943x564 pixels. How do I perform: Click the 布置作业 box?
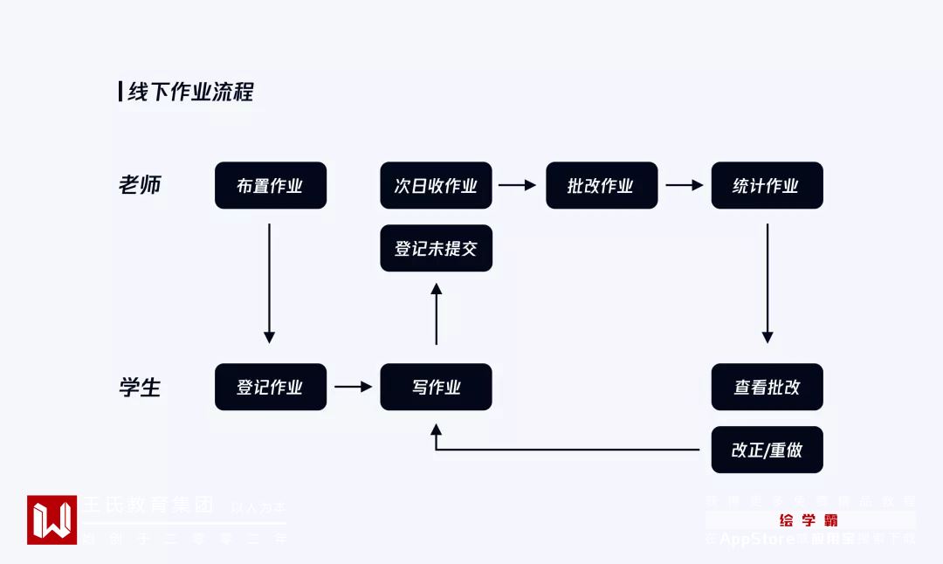pos(271,185)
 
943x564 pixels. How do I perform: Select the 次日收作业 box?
pos(436,185)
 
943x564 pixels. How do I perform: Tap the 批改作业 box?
pos(602,185)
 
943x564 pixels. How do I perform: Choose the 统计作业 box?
pos(767,185)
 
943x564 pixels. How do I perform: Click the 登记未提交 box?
pos(436,249)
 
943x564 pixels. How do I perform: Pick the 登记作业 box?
pos(271,387)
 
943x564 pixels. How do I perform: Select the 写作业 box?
pos(436,387)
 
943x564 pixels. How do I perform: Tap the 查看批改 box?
pos(767,387)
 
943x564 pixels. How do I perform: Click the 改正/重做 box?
pos(767,450)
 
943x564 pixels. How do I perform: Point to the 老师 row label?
pos(140,185)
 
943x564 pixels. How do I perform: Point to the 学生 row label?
pos(140,387)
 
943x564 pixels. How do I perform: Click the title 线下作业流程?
pos(190,92)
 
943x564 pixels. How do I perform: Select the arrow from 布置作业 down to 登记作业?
pos(269,283)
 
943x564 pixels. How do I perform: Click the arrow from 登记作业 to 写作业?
pos(354,386)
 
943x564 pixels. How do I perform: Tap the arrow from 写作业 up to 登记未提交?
pos(437,313)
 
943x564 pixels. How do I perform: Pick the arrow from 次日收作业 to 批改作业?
pos(518,185)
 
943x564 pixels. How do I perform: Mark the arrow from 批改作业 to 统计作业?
pos(684,185)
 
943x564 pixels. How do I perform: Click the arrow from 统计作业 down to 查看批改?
pos(767,283)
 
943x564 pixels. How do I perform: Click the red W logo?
pos(52,520)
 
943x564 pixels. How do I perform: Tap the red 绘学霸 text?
pos(809,520)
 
